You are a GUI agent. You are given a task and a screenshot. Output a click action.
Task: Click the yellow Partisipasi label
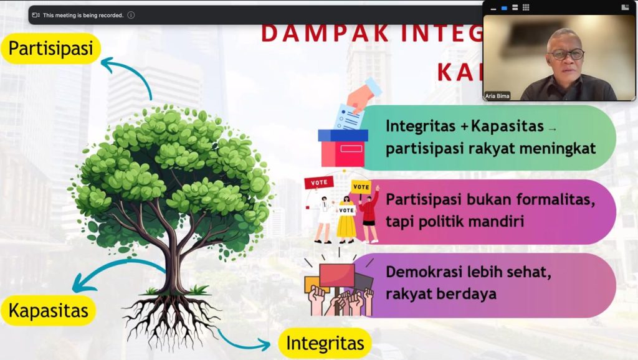tap(50, 49)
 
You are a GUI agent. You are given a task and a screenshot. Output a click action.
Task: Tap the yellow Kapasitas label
tap(49, 311)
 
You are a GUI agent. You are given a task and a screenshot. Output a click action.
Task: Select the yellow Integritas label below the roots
tap(325, 343)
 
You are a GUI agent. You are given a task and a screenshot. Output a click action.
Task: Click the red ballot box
tap(343, 148)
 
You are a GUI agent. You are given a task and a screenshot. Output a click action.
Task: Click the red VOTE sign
tap(319, 182)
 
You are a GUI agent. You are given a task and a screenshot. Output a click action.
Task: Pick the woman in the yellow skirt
tap(346, 220)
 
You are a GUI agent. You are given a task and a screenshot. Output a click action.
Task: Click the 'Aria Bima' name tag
tap(497, 96)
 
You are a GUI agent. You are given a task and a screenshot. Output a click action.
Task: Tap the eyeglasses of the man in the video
tap(566, 54)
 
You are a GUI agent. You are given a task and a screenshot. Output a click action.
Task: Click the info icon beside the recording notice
tap(131, 15)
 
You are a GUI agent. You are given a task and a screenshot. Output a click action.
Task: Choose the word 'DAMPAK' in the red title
tap(325, 34)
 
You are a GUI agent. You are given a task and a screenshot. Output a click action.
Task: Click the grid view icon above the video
tap(526, 7)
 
